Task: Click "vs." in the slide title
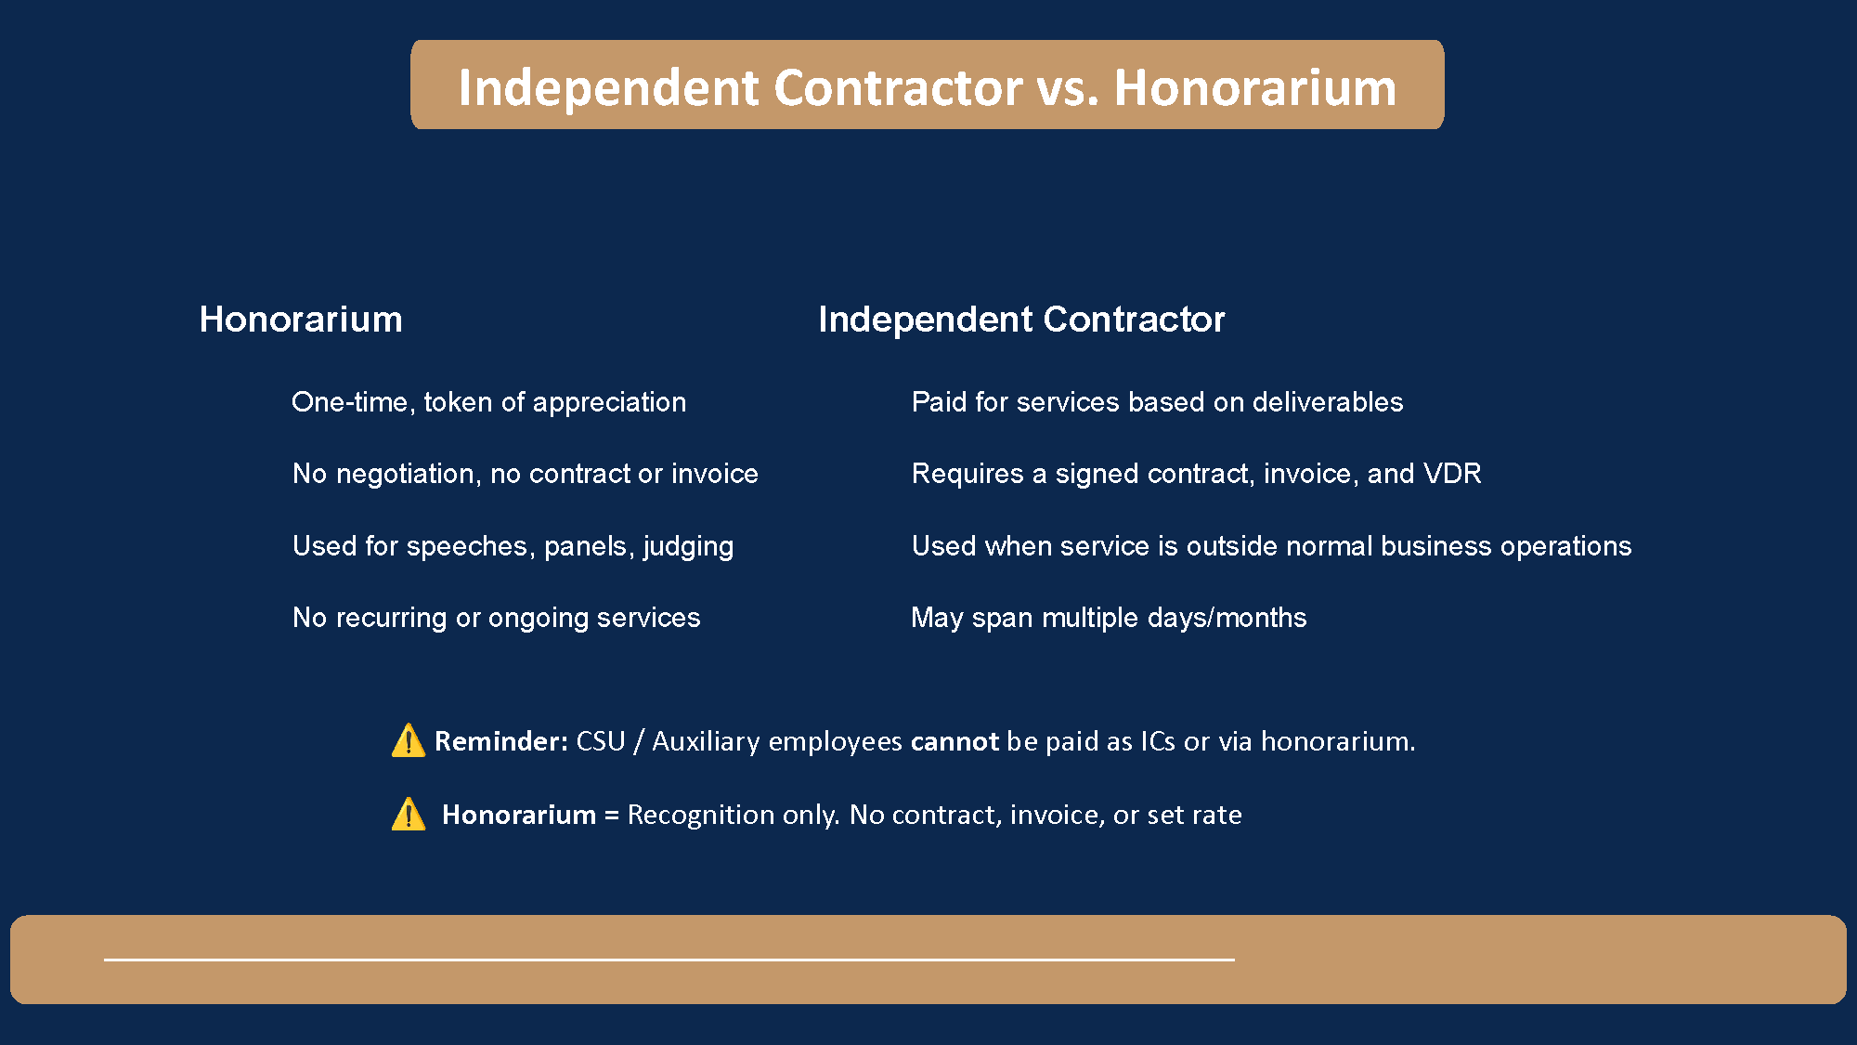[x=1068, y=88]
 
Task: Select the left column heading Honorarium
[x=301, y=320]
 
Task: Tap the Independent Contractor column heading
[x=1021, y=320]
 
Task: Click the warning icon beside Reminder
[x=408, y=741]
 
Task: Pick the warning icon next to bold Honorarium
[x=408, y=815]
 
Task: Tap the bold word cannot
[x=954, y=741]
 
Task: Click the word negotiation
[x=407, y=474]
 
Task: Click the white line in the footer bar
[x=669, y=960]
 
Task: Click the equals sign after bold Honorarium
[x=611, y=816]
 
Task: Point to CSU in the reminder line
[x=601, y=741]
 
